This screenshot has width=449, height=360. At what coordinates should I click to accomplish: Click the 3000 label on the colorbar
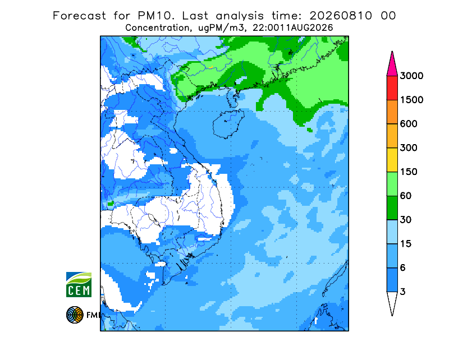tap(411, 76)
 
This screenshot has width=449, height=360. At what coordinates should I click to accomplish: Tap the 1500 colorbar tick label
tap(411, 100)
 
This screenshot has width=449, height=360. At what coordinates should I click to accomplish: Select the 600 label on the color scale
tap(409, 124)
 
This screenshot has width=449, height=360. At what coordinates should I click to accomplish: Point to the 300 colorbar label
tap(409, 148)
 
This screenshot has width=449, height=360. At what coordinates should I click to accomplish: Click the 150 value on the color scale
tap(409, 172)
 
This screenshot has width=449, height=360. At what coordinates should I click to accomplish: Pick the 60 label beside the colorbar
tap(406, 196)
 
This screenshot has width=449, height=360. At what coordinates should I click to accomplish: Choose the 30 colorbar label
tap(406, 220)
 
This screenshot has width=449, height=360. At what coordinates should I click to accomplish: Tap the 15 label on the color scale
tap(406, 244)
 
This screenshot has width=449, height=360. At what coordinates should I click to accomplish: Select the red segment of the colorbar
tap(392, 88)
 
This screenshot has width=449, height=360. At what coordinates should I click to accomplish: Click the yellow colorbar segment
tap(392, 160)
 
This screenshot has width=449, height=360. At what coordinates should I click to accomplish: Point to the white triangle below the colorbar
tap(392, 301)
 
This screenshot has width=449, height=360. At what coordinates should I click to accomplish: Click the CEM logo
tap(79, 285)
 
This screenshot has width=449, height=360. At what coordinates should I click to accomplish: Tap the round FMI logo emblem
tap(75, 315)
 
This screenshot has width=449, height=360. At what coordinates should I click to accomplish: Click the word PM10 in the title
tap(156, 16)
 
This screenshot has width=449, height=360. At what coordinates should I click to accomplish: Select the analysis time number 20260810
tap(341, 16)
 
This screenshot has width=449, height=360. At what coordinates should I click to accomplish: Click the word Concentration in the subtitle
tap(158, 28)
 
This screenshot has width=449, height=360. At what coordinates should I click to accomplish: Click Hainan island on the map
tap(228, 124)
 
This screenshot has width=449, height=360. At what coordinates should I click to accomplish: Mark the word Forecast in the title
tap(79, 16)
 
